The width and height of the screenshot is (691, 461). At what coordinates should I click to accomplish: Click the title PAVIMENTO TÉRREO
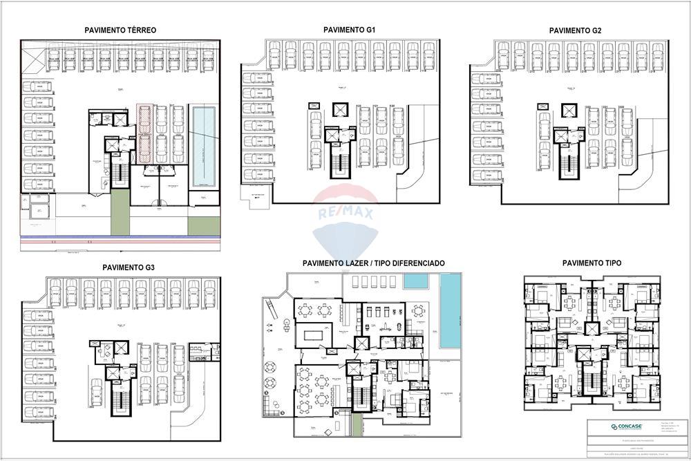120,30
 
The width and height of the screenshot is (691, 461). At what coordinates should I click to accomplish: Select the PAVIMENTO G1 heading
349,30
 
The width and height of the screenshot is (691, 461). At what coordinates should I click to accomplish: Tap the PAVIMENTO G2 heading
575,31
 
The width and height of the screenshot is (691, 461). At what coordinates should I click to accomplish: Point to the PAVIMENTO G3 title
128,267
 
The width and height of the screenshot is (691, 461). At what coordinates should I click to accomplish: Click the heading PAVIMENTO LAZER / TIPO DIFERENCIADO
373,263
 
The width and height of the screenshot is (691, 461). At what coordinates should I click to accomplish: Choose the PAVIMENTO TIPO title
591,263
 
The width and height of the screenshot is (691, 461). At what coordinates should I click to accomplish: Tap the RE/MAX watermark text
345,214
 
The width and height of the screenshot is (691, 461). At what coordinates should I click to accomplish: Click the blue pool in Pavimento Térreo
204,147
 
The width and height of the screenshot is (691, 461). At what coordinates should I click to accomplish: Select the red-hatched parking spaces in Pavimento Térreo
144,133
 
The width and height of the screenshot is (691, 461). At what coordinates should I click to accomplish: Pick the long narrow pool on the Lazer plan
449,312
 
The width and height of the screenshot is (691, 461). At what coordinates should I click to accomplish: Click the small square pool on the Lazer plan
415,281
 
